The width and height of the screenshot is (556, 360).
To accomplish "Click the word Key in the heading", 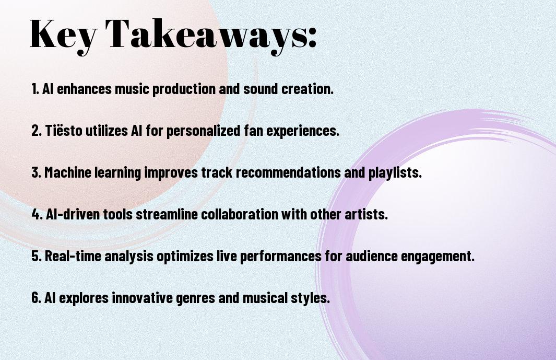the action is pos(63,35).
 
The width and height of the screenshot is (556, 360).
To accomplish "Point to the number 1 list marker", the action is pos(35,89).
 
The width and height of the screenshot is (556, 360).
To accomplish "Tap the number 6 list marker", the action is pos(36,297).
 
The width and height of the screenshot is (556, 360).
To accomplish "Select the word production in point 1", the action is pos(184,89).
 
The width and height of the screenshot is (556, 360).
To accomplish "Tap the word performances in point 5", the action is pos(281,257).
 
